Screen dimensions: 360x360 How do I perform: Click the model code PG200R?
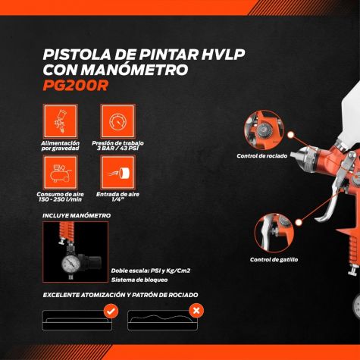(76, 86)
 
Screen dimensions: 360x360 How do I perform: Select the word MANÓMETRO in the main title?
(135, 70)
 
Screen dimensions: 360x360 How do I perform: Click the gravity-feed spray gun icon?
(61, 121)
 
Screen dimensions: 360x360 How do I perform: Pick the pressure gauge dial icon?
(117, 121)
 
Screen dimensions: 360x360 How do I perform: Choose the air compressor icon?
(61, 173)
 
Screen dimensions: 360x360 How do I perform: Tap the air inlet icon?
(117, 173)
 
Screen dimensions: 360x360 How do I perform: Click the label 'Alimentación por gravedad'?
(61, 146)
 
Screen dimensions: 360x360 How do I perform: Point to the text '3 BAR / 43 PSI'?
(117, 149)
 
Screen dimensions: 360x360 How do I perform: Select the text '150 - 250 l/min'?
(61, 199)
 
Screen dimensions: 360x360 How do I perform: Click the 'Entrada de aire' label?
(117, 194)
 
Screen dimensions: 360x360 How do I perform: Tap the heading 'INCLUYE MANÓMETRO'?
(77, 215)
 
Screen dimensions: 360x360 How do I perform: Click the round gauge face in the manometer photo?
(71, 265)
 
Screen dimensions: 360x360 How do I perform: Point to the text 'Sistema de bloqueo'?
(139, 280)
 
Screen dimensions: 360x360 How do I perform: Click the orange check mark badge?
(111, 311)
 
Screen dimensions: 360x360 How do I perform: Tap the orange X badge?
(196, 311)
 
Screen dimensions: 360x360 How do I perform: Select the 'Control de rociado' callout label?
(262, 156)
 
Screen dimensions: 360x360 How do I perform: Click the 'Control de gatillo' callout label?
(274, 260)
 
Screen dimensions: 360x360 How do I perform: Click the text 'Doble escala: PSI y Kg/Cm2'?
(151, 271)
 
